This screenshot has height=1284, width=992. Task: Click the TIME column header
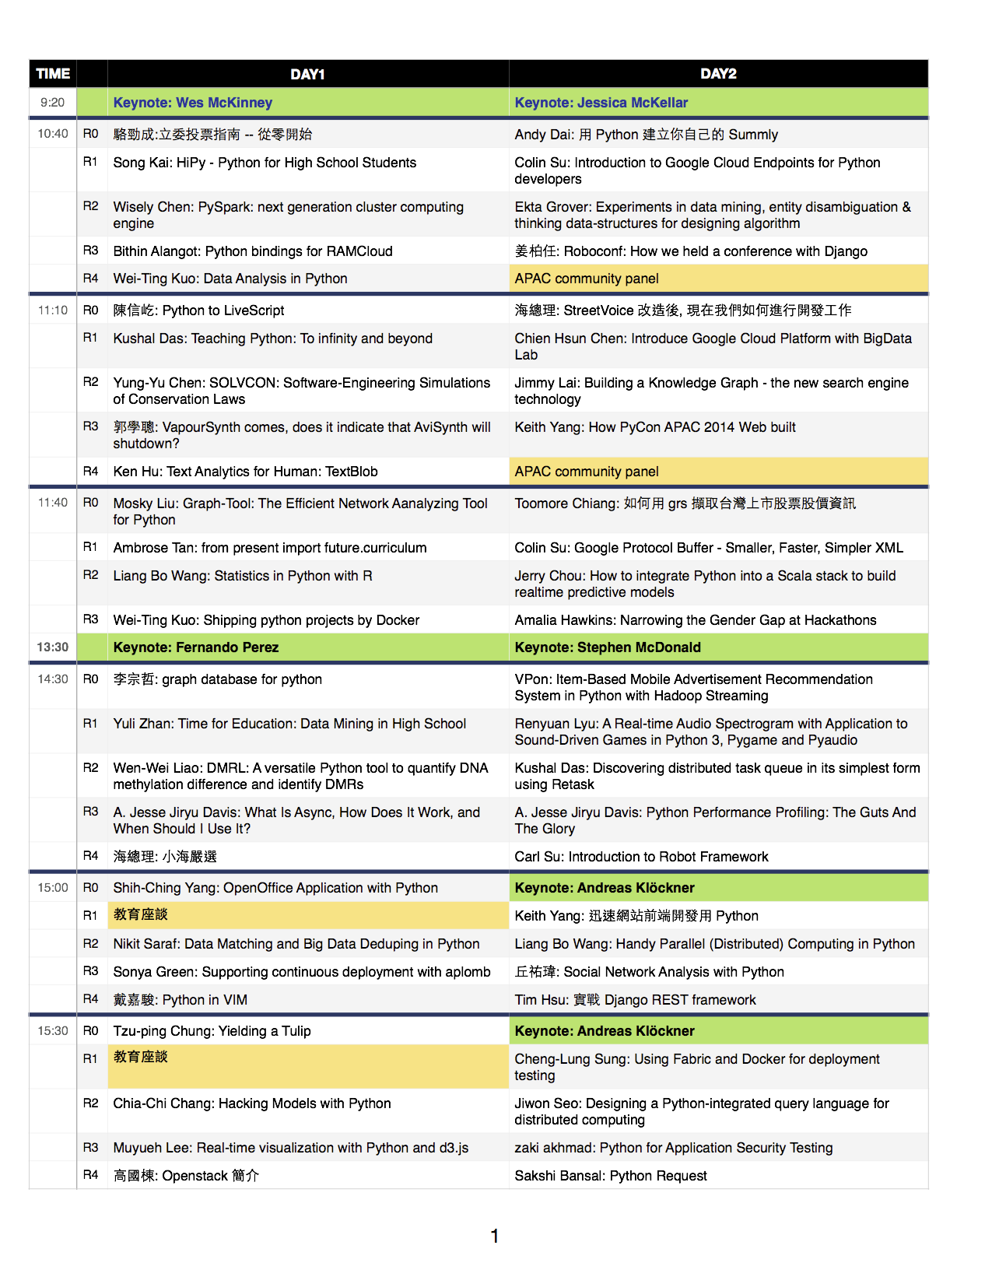pos(53,74)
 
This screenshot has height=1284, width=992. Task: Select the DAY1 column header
pos(307,74)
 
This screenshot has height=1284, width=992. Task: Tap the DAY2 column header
pos(718,74)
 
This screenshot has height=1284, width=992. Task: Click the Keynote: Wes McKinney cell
pos(193,103)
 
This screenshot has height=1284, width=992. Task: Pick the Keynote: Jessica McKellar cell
pos(601,103)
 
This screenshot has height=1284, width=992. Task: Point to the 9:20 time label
pos(53,103)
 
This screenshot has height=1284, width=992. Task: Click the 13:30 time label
pos(53,647)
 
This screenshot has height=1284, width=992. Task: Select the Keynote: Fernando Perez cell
pos(196,647)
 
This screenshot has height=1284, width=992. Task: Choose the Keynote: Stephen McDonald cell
pos(608,647)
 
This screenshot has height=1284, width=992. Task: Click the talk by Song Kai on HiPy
pos(265,163)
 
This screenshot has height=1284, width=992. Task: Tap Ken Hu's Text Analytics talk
pos(245,472)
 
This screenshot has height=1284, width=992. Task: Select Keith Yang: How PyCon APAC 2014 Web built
pos(655,427)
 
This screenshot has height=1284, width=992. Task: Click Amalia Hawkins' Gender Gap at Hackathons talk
pos(695,620)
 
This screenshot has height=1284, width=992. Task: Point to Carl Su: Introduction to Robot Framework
pos(641,857)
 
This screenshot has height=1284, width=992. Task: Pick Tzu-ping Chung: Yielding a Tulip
pos(212,1031)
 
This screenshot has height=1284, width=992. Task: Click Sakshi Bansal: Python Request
pos(611,1176)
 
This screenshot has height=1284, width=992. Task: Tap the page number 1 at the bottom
pos(495,1236)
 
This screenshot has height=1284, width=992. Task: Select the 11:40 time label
pos(53,503)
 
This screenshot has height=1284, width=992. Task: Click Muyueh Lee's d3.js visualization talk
pos(291,1148)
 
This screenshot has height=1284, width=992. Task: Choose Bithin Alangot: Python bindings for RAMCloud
pos(253,251)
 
